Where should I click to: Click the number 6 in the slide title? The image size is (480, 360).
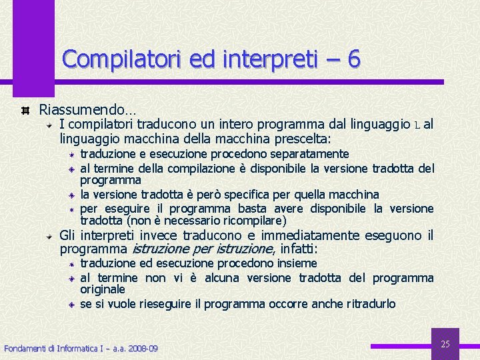pos(353,59)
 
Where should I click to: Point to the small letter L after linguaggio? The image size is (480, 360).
pos(417,125)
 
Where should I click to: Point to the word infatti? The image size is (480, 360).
pos(299,249)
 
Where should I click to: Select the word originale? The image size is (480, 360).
pos(103,290)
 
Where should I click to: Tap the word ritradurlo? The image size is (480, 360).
pos(371,304)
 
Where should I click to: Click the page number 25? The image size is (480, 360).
pos(446,344)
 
